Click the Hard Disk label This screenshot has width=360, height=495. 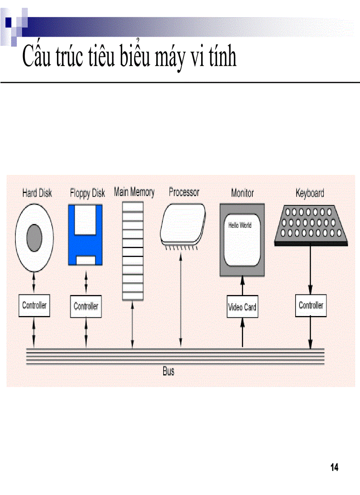click(x=37, y=193)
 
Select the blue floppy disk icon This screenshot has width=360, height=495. click(x=86, y=234)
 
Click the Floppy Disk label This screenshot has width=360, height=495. click(x=87, y=193)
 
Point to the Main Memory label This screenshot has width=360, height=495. click(x=134, y=192)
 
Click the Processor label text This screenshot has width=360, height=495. click(x=184, y=192)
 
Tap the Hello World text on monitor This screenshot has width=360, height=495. click(x=240, y=225)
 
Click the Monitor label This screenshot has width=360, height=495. click(x=242, y=193)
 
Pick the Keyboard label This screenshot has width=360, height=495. click(x=310, y=193)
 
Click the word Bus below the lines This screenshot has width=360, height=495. click(x=168, y=371)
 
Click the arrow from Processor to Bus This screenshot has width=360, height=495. click(x=180, y=300)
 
